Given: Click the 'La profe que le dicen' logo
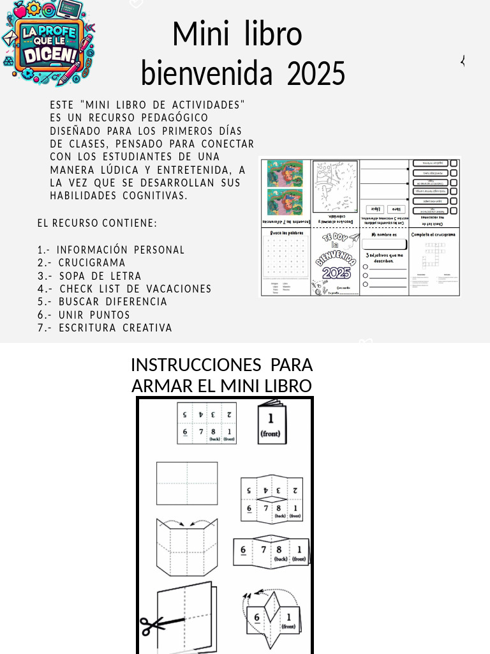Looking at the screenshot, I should tap(48, 43).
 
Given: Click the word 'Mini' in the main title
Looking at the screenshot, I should tap(203, 34).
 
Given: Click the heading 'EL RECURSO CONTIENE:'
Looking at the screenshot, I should tap(97, 223).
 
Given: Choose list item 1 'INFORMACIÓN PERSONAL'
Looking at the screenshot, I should tap(111, 250).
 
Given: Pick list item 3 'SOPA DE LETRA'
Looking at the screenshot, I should tap(89, 276).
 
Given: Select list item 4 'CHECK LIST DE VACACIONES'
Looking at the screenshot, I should tap(124, 289).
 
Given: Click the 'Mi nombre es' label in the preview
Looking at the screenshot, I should tap(383, 234).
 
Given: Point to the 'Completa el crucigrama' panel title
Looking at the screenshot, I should tap(434, 234).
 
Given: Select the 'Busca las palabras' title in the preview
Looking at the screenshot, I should tap(285, 233).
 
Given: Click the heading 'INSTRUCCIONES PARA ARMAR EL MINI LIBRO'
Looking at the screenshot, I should tap(221, 376).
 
